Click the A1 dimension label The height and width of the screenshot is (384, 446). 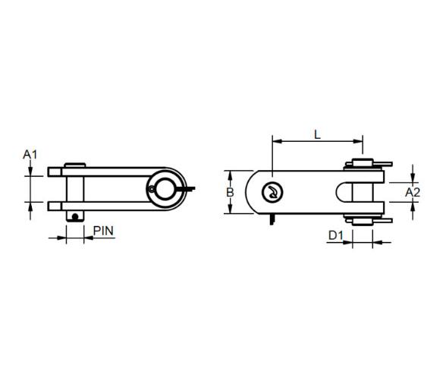[x=30, y=155]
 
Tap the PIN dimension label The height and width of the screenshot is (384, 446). [x=103, y=231]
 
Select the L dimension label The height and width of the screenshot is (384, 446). [x=317, y=134]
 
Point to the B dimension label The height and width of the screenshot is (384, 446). [x=230, y=193]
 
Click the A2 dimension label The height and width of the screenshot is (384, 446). [x=413, y=193]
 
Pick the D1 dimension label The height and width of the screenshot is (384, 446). [x=336, y=235]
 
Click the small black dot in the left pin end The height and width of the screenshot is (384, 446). [x=75, y=217]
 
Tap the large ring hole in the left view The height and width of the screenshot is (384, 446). [x=165, y=188]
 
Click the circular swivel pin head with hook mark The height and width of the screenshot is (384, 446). [x=272, y=193]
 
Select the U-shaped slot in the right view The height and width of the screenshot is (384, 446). [x=344, y=192]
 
